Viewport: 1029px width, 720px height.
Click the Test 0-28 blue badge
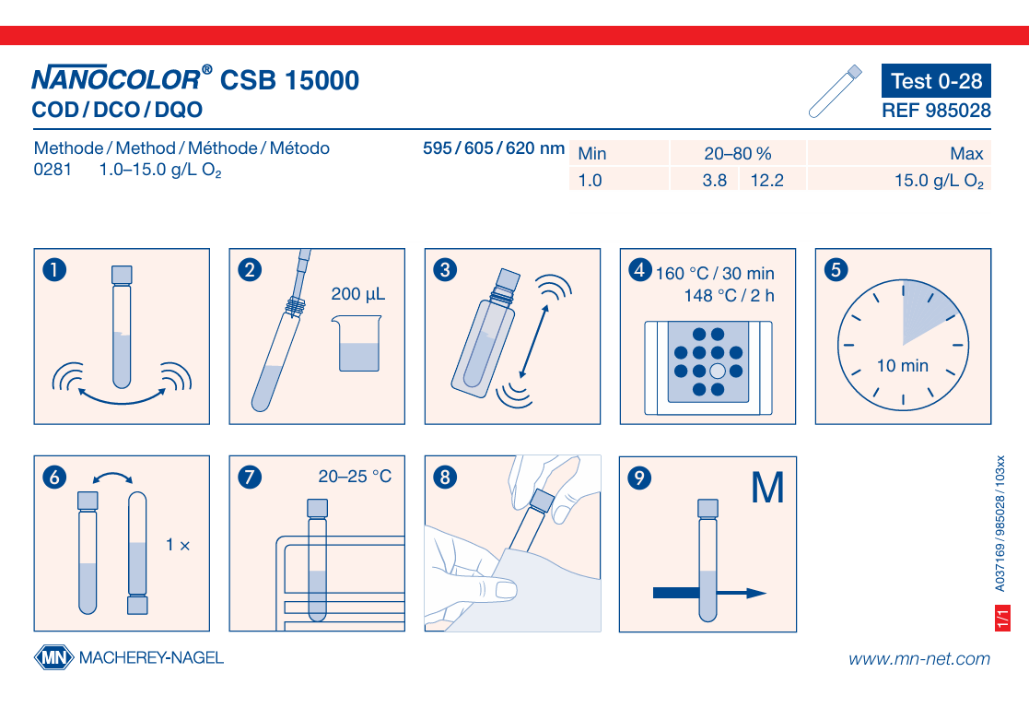936,81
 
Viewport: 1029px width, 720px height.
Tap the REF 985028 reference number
936,111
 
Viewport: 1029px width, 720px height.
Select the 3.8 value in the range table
715,180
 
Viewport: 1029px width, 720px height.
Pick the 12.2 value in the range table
766,180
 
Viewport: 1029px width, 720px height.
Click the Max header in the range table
966,154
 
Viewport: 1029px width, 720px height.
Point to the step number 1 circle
54,269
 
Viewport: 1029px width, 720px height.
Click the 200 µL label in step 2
357,294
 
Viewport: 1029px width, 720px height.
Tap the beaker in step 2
358,343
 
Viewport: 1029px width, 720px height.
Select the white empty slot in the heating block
718,372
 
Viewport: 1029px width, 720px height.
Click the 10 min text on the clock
903,365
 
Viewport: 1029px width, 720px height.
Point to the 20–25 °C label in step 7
355,477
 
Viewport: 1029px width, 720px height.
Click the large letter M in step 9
767,488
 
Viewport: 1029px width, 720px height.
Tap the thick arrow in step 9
709,593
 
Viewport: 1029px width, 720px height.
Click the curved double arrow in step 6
113,474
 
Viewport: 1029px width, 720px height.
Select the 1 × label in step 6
177,545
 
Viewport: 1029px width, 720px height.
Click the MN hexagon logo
53,657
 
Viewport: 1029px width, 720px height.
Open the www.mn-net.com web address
919,658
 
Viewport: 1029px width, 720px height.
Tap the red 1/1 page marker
1002,619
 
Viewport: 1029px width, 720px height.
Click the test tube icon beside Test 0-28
835,91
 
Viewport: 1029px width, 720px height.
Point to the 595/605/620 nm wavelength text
494,148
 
